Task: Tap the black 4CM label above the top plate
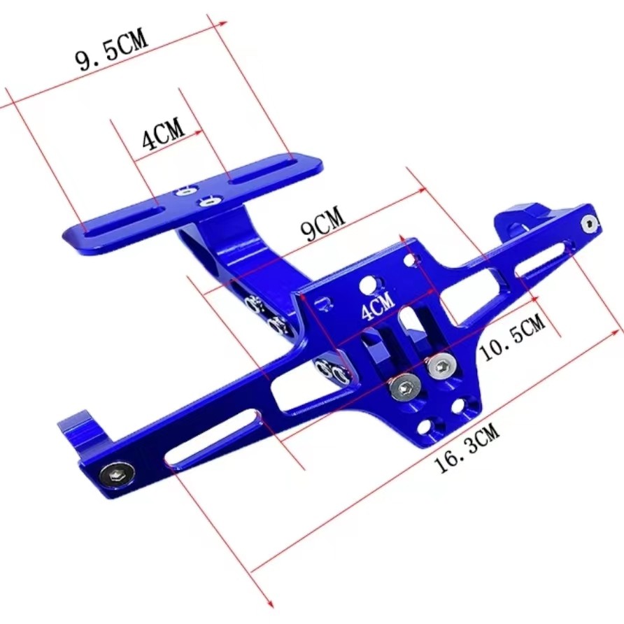(x=162, y=134)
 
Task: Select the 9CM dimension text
(x=322, y=226)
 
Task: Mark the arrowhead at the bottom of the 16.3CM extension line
(x=269, y=604)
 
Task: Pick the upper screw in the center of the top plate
(x=186, y=190)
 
